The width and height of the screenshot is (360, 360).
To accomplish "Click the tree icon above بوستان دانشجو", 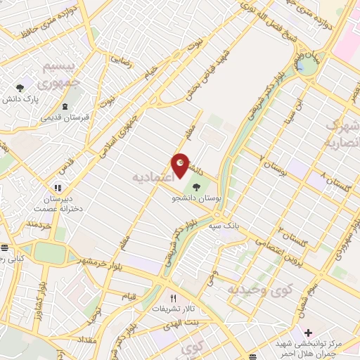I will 195,188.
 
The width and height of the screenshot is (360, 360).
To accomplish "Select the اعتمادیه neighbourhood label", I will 153,177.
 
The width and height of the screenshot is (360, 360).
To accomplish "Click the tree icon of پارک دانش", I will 20,89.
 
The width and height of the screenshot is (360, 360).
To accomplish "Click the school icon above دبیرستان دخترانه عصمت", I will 58,188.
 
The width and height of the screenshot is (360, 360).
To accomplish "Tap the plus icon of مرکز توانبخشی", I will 308,332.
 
